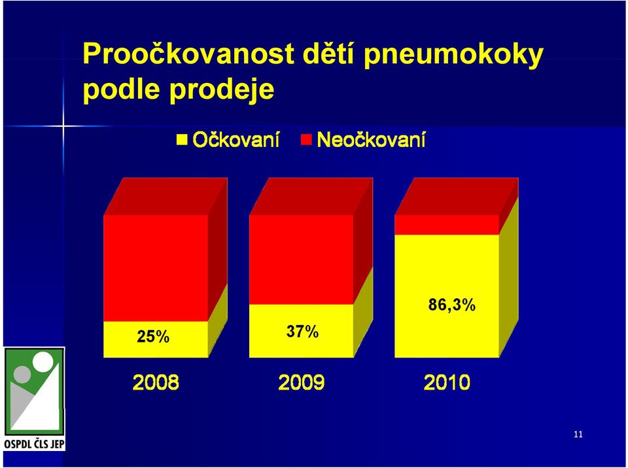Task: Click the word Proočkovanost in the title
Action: (x=188, y=54)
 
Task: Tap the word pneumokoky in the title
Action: (x=453, y=56)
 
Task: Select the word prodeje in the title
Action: (x=222, y=90)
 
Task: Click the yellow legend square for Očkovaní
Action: (x=182, y=139)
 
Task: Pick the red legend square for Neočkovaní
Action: (x=306, y=139)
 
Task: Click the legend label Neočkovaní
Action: (x=371, y=140)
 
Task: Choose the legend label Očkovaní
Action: (x=236, y=140)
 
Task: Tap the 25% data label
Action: (x=153, y=337)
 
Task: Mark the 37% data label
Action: (x=302, y=331)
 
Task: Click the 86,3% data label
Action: (x=452, y=305)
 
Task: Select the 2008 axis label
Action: (x=156, y=382)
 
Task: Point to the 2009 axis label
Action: (x=301, y=382)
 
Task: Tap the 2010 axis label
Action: (x=447, y=382)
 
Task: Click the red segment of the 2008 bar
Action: (x=156, y=268)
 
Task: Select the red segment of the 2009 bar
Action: (x=301, y=259)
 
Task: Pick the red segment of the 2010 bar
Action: (x=447, y=225)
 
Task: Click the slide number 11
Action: (x=578, y=435)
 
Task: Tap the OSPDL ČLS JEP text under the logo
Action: (x=35, y=444)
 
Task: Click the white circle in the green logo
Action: (x=43, y=361)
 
